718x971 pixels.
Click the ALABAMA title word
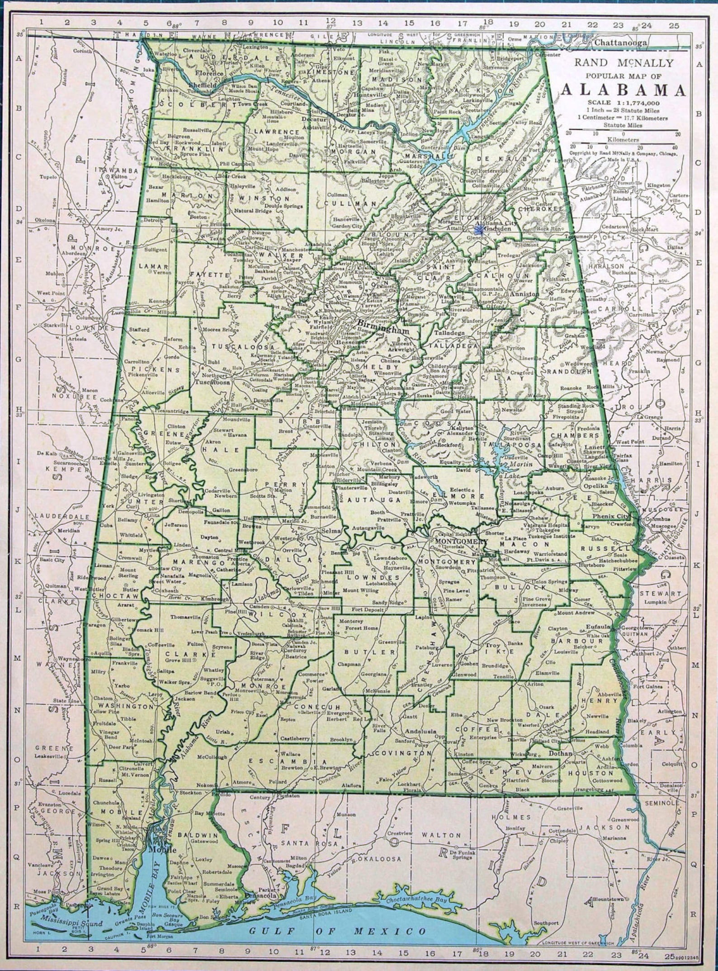pos(623,90)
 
